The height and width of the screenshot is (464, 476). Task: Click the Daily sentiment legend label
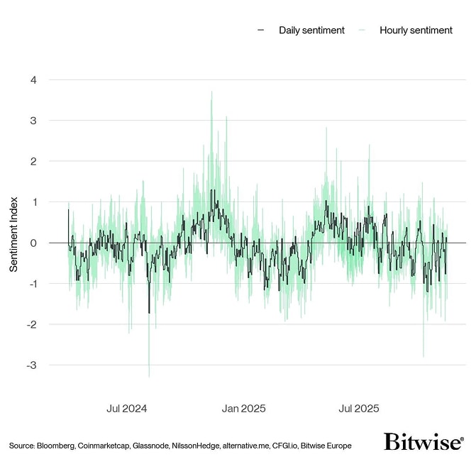click(x=311, y=30)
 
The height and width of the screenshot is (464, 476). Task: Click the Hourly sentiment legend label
click(x=416, y=30)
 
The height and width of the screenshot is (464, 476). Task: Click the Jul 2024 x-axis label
click(x=127, y=409)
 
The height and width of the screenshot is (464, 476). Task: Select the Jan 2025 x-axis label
click(x=243, y=409)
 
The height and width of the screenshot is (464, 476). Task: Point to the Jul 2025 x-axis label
click(x=359, y=409)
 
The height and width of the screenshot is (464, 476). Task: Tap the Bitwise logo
click(x=424, y=441)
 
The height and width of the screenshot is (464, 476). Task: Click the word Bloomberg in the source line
click(x=56, y=446)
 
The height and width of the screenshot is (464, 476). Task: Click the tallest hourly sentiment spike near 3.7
click(x=211, y=92)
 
